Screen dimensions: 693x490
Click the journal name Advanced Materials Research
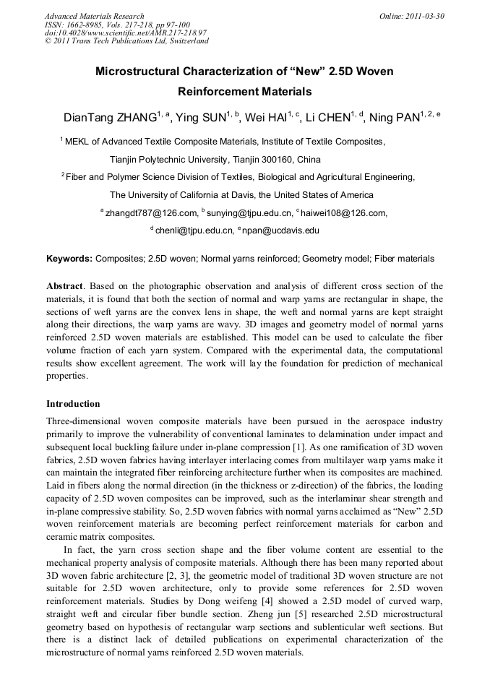[94, 16]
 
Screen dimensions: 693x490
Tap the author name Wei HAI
[266, 118]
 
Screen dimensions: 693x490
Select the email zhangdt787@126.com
[151, 213]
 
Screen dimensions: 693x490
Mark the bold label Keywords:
[69, 259]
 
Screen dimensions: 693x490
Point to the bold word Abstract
[63, 286]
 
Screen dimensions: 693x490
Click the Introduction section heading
[73, 403]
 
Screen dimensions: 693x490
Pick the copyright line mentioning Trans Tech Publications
[126, 41]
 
